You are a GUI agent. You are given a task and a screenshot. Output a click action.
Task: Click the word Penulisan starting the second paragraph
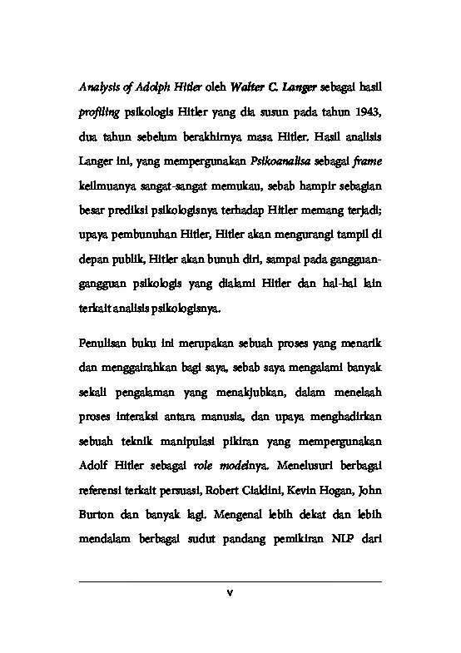(x=107, y=344)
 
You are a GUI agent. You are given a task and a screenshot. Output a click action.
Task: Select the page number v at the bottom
(x=230, y=592)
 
